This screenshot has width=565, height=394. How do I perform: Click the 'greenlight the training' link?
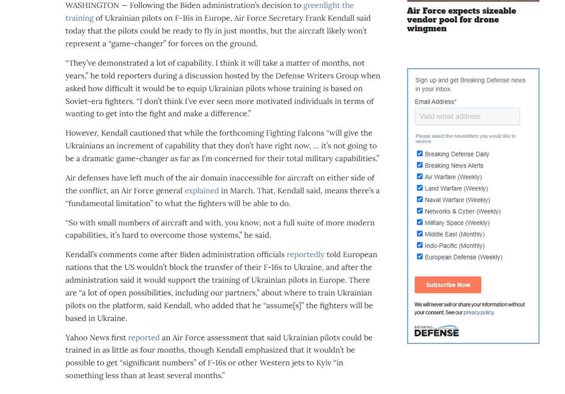pos(328,6)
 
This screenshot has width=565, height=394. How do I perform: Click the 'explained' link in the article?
pos(201,191)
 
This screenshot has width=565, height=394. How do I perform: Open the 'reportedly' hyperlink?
pos(305,255)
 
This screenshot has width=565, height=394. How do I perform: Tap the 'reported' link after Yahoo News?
pos(143,338)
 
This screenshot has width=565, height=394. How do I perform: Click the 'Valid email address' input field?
pos(467,116)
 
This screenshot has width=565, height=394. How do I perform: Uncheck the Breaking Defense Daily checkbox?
pos(420,154)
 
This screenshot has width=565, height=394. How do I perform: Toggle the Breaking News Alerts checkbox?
pos(420,165)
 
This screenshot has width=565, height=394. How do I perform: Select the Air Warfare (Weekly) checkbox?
pos(420,176)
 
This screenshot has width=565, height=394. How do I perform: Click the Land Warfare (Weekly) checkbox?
pos(420,188)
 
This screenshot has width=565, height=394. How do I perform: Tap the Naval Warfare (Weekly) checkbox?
pos(420,199)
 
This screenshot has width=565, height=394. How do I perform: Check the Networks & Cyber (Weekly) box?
pos(420,211)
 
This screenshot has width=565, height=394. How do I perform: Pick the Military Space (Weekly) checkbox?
pos(420,222)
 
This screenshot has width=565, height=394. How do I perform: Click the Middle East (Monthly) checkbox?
pos(420,234)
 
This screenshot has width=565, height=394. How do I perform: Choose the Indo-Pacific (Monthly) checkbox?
pos(420,245)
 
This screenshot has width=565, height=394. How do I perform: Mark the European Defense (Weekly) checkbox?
pos(420,257)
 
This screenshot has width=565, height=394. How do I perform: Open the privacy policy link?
pos(478,312)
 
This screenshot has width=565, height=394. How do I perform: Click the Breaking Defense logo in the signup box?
pos(436,331)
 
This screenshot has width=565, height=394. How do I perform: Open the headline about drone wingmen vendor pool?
pos(461,20)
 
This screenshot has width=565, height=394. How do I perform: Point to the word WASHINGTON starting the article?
pos(92,5)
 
